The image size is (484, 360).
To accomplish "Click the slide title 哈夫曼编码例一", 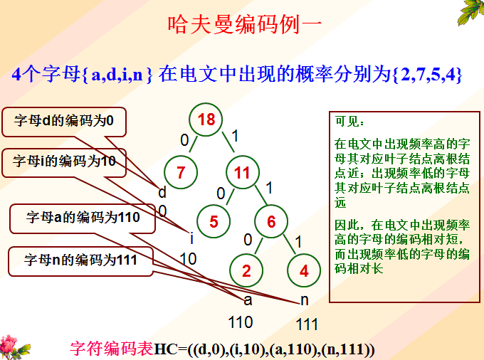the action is pyautogui.click(x=245, y=25).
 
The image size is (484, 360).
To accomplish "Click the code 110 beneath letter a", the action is pyautogui.click(x=241, y=322).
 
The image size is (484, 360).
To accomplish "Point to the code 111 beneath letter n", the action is pyautogui.click(x=307, y=324).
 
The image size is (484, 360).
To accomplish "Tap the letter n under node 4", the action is pyautogui.click(x=305, y=300).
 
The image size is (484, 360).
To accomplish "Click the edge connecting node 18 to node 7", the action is pyautogui.click(x=193, y=144).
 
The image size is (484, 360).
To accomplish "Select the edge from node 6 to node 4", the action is pyautogui.click(x=290, y=245).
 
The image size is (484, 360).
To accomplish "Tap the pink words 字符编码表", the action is pyautogui.click(x=112, y=349).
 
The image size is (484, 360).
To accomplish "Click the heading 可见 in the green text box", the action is pyautogui.click(x=349, y=121).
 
